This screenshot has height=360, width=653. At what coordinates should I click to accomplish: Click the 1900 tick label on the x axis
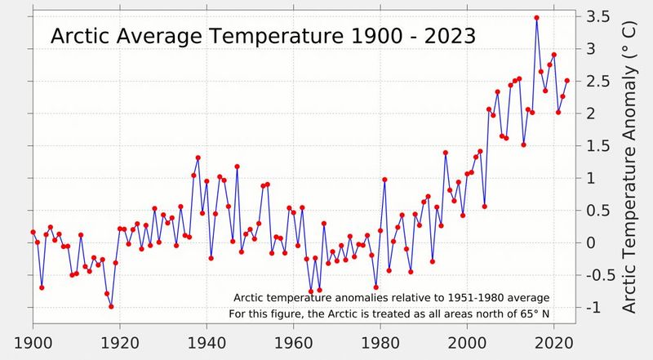coord(33,343)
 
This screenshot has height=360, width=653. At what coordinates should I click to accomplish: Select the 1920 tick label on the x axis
coord(120,343)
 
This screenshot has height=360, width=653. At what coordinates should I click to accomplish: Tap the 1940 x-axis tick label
coord(207,343)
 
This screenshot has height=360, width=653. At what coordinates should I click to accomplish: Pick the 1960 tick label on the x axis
coord(294,343)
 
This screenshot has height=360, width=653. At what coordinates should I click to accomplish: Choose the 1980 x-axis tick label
coord(380,343)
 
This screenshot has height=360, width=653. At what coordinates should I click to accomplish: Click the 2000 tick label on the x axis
coord(468,343)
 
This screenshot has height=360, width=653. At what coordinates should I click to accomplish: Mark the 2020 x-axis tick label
coord(554,343)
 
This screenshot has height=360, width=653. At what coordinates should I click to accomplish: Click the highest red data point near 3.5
coord(536,18)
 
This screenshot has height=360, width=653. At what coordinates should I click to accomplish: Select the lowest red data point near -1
coord(111,307)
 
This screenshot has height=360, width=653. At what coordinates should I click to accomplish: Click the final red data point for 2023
coord(567,81)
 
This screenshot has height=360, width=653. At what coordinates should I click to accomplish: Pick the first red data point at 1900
coord(33,232)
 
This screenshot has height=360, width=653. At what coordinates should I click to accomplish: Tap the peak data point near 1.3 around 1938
coord(198,158)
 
